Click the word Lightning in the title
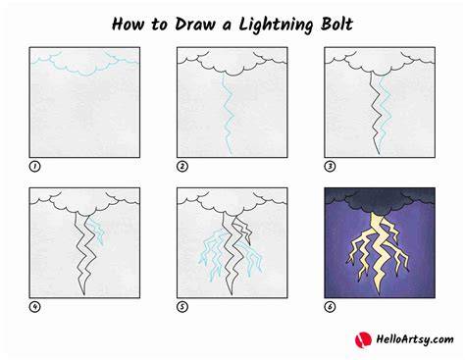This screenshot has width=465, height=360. (276, 26)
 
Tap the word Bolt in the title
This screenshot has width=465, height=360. (336, 25)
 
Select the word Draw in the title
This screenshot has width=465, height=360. (195, 25)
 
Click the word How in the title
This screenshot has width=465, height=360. (128, 25)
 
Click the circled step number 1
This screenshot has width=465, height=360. (34, 167)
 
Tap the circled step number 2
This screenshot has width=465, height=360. (182, 167)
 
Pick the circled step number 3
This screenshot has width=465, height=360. (330, 167)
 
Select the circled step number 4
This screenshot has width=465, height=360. (34, 307)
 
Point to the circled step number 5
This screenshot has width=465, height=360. (182, 307)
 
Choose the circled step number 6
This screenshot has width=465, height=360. (330, 307)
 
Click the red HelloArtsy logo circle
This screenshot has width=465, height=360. (363, 339)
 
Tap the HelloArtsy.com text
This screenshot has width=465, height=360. (415, 339)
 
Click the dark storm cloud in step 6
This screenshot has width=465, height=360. (380, 199)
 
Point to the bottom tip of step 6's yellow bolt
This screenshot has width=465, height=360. (380, 295)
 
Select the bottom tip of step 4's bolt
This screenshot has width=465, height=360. (84, 294)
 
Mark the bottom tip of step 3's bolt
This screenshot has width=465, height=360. (379, 154)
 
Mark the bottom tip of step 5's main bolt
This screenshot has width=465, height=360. (232, 294)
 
